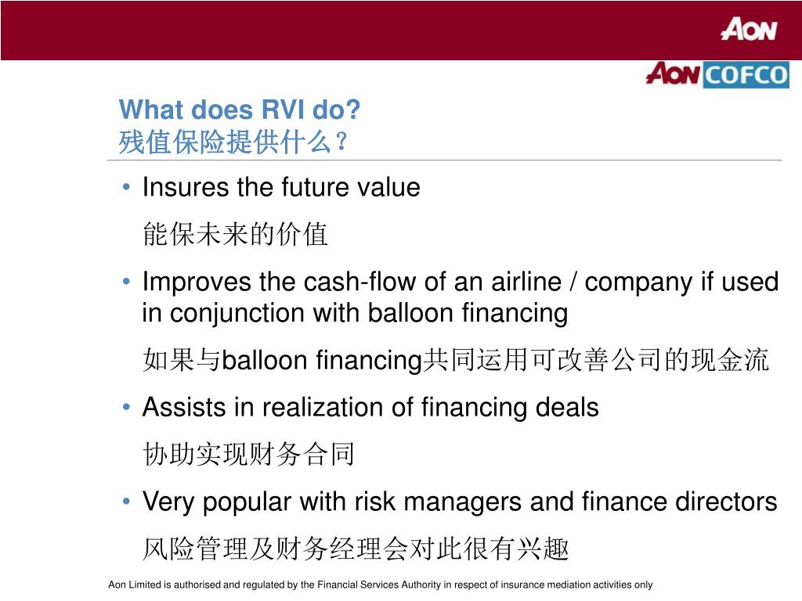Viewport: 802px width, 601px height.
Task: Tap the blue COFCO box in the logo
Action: [746, 75]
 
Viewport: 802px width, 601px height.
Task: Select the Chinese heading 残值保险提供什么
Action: [227, 142]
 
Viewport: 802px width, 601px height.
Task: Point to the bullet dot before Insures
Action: [128, 189]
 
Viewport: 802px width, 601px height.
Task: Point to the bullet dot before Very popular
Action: [128, 502]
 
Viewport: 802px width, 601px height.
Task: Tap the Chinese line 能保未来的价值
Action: [235, 235]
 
